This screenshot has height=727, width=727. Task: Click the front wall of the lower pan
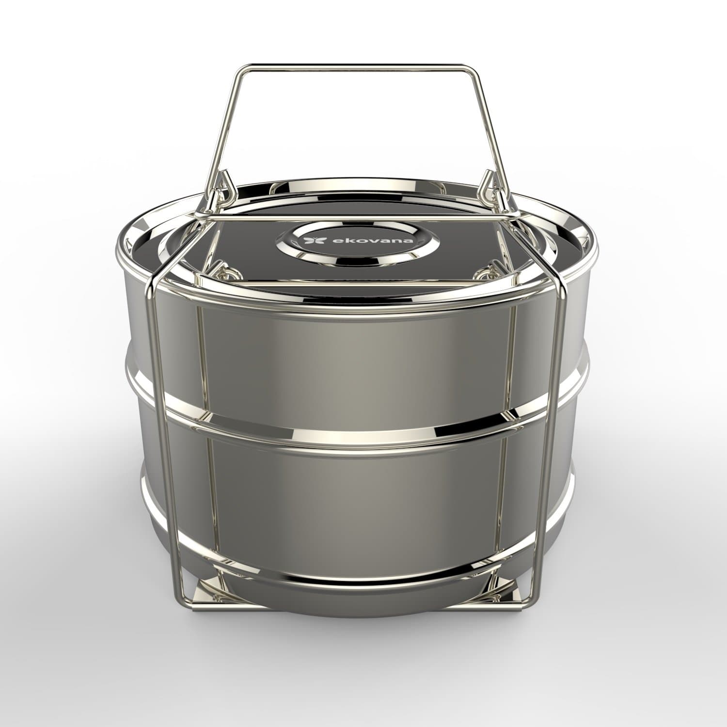(x=359, y=485)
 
